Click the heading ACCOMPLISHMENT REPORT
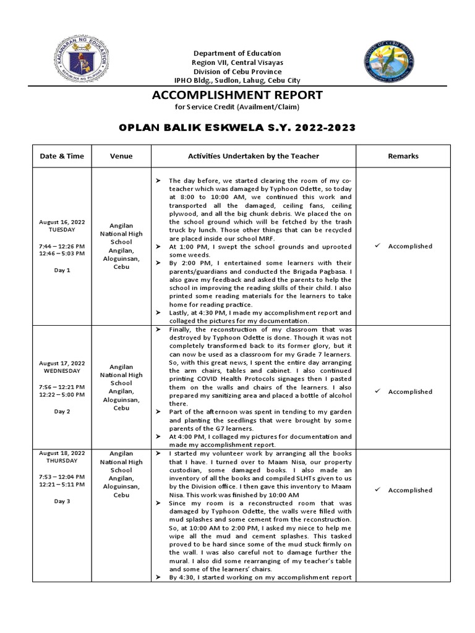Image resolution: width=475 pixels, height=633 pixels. (x=237, y=95)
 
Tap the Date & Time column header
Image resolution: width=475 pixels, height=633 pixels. (x=62, y=156)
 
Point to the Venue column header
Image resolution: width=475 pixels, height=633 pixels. (x=121, y=156)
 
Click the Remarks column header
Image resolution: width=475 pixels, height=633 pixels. (x=403, y=156)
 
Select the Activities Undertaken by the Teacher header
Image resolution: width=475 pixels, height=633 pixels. (x=254, y=156)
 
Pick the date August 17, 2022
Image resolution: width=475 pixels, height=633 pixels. (x=62, y=363)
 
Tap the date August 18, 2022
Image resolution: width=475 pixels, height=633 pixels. (x=62, y=453)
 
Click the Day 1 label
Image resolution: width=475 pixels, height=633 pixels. (x=62, y=270)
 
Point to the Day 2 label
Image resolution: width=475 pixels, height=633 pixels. (x=62, y=410)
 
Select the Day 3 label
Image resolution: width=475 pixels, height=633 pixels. (x=62, y=501)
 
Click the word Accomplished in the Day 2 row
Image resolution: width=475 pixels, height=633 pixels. (x=410, y=391)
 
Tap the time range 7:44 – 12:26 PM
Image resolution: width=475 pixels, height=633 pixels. (x=62, y=246)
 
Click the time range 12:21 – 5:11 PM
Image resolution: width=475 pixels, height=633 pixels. (x=62, y=485)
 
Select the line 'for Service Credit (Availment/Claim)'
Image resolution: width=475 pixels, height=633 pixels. (x=237, y=108)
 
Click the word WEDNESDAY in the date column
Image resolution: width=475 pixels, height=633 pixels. (x=62, y=371)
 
